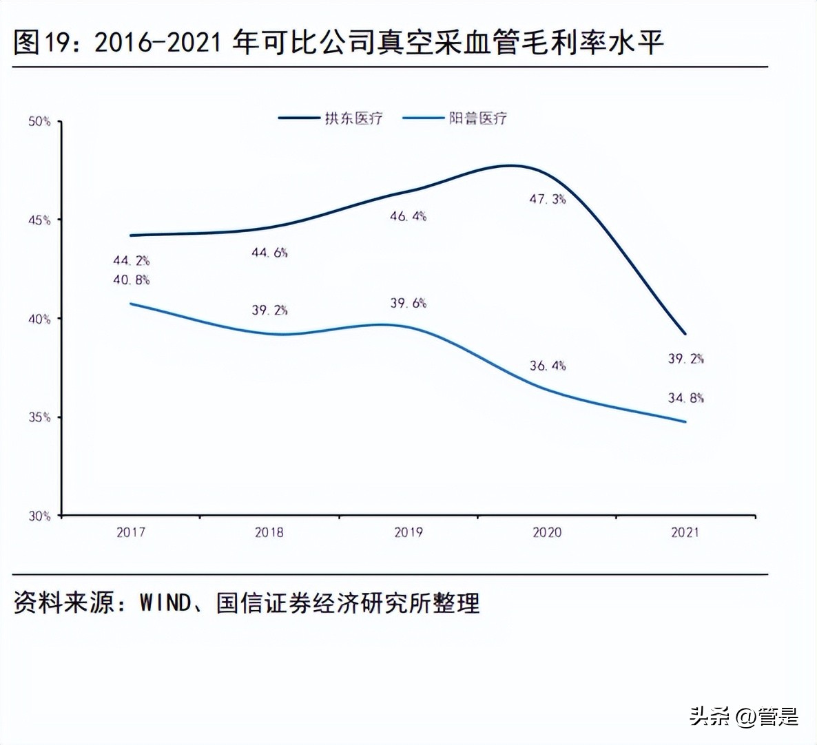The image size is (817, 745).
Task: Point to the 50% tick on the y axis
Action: tap(39, 122)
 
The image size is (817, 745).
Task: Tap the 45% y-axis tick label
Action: tap(39, 220)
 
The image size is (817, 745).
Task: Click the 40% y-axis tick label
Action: tap(39, 319)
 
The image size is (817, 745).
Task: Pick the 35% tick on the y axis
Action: tap(39, 417)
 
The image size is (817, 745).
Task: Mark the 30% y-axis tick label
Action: tap(39, 516)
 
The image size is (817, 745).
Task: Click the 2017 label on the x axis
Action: tap(131, 532)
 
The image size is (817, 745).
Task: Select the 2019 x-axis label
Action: tap(408, 532)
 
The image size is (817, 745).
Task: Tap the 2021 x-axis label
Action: tap(685, 532)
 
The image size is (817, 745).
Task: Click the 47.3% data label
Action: tap(547, 200)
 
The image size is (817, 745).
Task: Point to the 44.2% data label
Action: tap(131, 261)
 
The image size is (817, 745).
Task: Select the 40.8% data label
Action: tap(131, 280)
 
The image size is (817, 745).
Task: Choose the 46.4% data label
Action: tap(408, 216)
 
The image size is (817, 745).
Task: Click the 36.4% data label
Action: tap(547, 366)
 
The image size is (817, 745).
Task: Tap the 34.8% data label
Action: tap(685, 398)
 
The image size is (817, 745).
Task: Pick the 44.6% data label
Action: tap(269, 253)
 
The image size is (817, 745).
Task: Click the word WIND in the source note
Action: tap(165, 603)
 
